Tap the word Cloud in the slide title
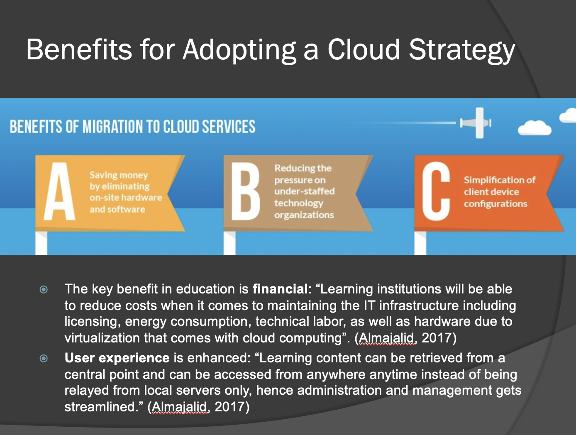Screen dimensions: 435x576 [364, 50]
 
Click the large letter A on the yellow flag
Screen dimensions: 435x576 [60, 192]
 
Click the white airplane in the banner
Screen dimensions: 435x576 [477, 123]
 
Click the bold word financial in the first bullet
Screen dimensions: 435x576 [280, 289]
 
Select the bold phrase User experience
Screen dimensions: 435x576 [117, 358]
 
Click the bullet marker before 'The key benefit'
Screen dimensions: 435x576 [44, 289]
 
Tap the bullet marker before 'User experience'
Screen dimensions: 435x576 [44, 358]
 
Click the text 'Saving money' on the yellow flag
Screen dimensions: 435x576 [119, 175]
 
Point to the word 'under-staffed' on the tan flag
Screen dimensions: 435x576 [304, 191]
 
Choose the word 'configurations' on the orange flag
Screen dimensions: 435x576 [495, 204]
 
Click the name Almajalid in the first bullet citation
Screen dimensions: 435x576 [387, 338]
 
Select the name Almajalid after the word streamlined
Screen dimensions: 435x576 [180, 407]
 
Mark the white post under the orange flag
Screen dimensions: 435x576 [420, 243]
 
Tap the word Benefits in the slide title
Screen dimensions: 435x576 [79, 50]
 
